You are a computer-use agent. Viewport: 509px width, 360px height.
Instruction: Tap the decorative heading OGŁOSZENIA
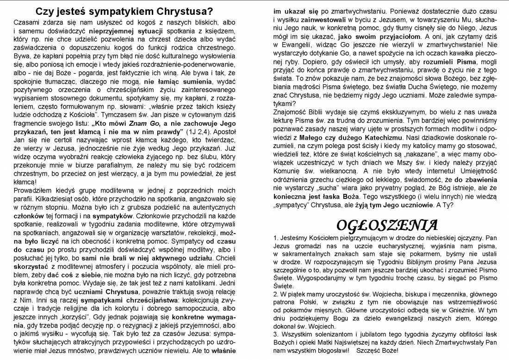[387, 225]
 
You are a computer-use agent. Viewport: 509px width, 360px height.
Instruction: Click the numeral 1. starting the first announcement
[276, 237]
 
